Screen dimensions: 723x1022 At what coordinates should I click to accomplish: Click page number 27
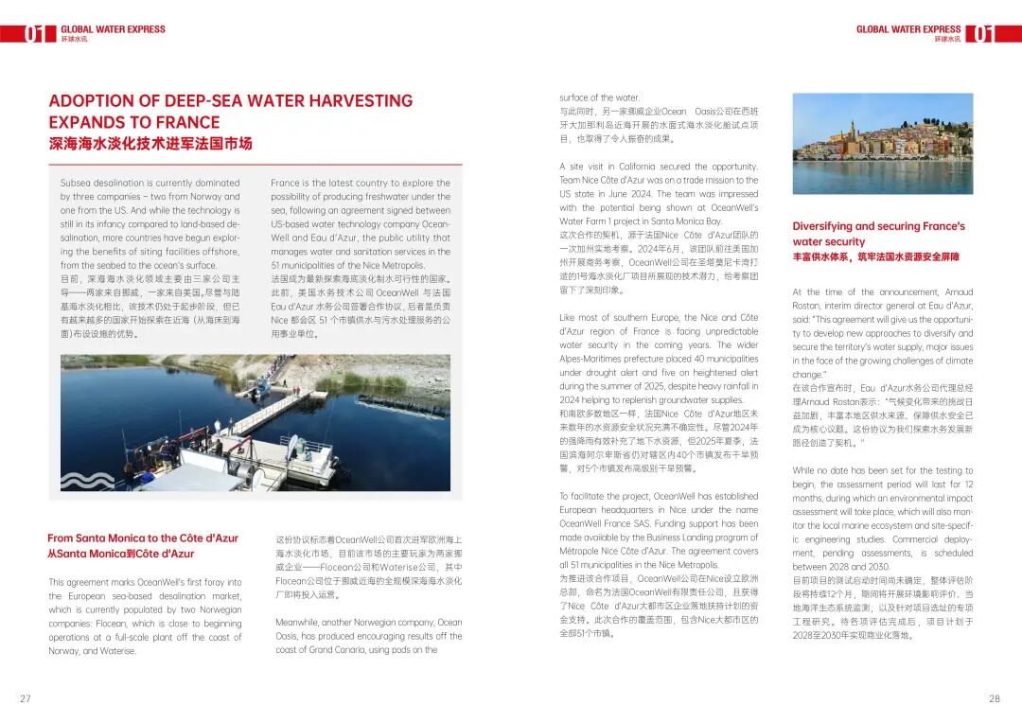(x=26, y=698)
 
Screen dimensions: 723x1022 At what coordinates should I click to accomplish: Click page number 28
(x=995, y=698)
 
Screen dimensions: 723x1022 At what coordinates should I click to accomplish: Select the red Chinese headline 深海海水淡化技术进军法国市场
(x=150, y=144)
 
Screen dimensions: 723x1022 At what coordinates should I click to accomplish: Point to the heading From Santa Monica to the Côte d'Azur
(x=143, y=538)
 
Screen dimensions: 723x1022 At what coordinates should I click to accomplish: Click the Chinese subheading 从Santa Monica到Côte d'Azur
(x=120, y=554)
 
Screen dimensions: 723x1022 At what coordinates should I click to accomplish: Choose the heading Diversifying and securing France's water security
(x=878, y=234)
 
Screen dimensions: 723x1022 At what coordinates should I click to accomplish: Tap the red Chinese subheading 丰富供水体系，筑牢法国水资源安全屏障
(x=875, y=257)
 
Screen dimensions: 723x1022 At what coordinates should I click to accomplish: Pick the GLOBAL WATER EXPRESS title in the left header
(x=113, y=29)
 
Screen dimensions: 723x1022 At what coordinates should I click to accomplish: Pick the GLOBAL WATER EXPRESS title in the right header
(x=908, y=29)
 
